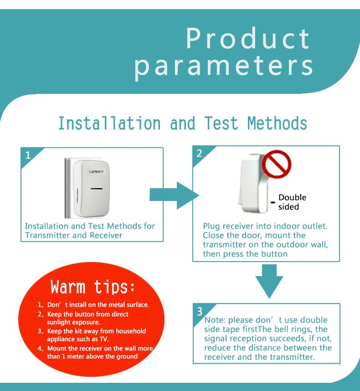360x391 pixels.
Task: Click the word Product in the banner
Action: [248, 38]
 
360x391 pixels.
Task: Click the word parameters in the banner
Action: [224, 67]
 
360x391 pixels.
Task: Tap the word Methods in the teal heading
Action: [277, 123]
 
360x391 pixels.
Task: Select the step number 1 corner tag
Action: [29, 155]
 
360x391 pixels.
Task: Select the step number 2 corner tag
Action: [200, 154]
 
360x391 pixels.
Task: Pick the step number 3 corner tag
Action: [201, 311]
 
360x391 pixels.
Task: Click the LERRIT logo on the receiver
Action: [96, 172]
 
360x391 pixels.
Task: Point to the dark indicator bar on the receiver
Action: [97, 189]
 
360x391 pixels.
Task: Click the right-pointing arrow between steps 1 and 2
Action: [174, 195]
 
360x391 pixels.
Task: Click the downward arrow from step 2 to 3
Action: [269, 281]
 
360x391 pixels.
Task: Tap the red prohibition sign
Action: [277, 164]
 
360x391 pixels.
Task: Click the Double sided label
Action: [292, 202]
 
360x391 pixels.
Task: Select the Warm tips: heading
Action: [93, 287]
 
